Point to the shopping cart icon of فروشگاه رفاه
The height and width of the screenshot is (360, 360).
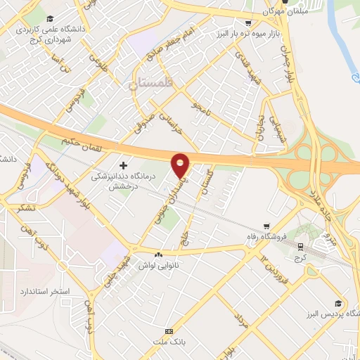click(266, 226)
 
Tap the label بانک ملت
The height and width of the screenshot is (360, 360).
click(169, 342)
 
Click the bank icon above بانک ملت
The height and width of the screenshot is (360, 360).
click(169, 331)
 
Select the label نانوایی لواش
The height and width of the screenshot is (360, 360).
click(160, 265)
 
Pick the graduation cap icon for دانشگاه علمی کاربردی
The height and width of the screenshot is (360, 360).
click(50, 19)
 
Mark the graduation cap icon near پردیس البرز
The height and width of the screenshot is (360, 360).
click(339, 303)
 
